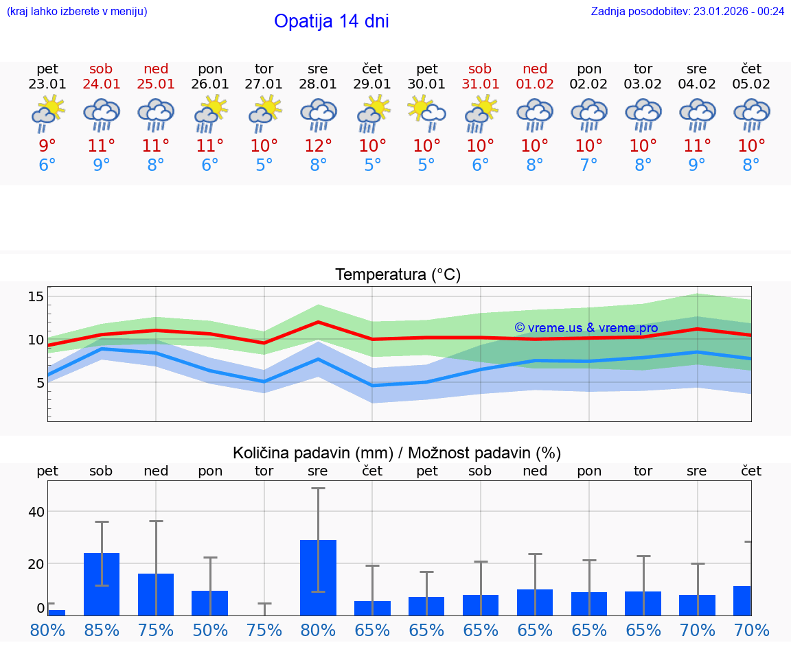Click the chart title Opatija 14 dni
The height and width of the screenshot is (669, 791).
click(x=331, y=21)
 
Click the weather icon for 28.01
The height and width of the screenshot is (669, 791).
click(x=318, y=115)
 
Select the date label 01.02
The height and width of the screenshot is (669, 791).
click(x=535, y=84)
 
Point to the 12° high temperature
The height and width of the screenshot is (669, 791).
click(x=318, y=146)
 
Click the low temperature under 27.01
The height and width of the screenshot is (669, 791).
click(x=264, y=165)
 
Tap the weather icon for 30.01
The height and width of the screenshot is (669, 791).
click(x=426, y=113)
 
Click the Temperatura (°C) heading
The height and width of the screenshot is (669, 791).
click(x=398, y=275)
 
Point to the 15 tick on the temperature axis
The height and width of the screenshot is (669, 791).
click(x=36, y=296)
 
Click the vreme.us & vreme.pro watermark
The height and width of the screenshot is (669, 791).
click(x=586, y=328)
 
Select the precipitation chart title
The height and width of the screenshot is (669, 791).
click(x=397, y=453)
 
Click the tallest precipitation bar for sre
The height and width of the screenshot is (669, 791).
click(x=318, y=577)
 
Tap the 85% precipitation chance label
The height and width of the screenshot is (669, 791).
click(x=102, y=631)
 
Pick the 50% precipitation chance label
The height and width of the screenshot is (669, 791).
click(x=210, y=631)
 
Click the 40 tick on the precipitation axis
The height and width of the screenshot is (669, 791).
click(x=36, y=512)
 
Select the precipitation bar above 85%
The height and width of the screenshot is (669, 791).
click(x=102, y=584)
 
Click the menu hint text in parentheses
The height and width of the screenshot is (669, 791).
click(x=77, y=11)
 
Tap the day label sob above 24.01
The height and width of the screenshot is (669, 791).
click(x=101, y=69)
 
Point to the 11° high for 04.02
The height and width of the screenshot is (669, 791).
click(x=697, y=146)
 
